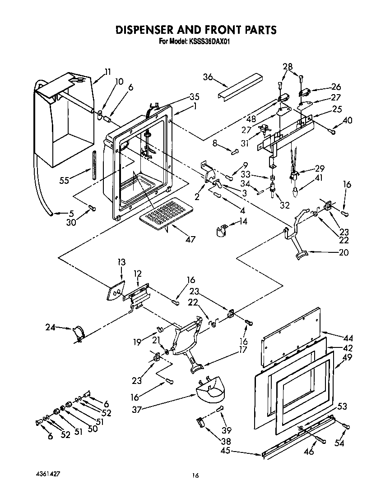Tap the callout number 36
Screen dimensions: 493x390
[x=208, y=77]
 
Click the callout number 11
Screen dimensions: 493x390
[x=107, y=71]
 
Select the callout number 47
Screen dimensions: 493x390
[x=190, y=239]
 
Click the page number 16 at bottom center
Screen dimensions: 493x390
[x=195, y=475]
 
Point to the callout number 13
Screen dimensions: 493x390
[x=122, y=263]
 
